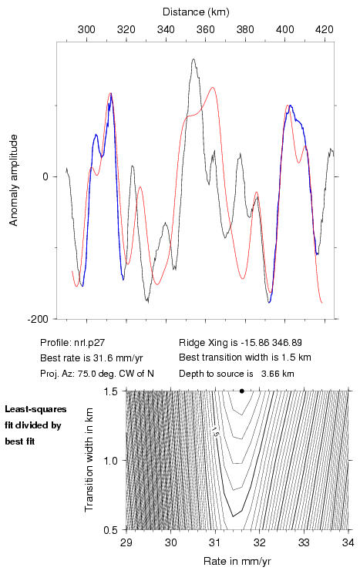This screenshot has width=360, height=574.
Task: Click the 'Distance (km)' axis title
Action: pyautogui.click(x=196, y=12)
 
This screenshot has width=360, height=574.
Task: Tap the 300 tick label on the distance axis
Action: pyautogui.click(x=86, y=29)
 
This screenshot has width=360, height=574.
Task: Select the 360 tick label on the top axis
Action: pyautogui.click(x=206, y=29)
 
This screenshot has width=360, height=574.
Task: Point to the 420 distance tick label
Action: pyautogui.click(x=325, y=29)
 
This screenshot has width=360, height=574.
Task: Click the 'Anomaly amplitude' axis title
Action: pyautogui.click(x=14, y=180)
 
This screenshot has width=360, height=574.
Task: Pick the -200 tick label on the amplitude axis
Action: pyautogui.click(x=37, y=319)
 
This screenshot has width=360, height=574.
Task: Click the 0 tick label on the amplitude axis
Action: pyautogui.click(x=45, y=176)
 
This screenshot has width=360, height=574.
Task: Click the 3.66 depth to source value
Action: pyautogui.click(x=269, y=374)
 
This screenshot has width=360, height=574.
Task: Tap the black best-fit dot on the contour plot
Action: pyautogui.click(x=242, y=391)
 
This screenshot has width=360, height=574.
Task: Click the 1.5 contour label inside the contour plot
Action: pyautogui.click(x=214, y=432)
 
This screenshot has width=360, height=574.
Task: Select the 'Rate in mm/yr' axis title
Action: pyautogui.click(x=237, y=561)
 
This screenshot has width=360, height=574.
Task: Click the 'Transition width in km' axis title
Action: pyautogui.click(x=89, y=460)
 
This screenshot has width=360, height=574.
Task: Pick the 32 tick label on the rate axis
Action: pyautogui.click(x=259, y=543)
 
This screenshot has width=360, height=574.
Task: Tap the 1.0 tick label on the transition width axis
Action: pyautogui.click(x=111, y=461)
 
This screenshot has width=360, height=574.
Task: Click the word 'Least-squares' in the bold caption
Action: pyautogui.click(x=35, y=409)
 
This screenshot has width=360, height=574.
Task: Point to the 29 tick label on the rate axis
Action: pyautogui.click(x=126, y=543)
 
